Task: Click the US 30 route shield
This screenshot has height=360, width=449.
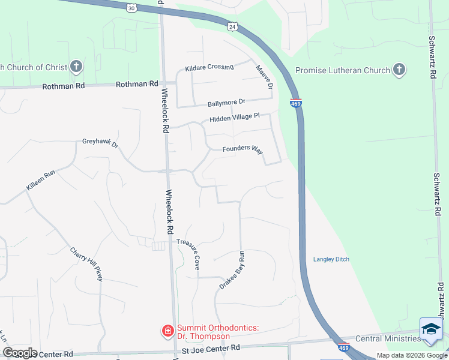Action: click(132, 7)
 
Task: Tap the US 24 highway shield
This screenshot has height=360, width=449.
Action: click(232, 26)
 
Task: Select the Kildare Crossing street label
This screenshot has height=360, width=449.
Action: click(209, 67)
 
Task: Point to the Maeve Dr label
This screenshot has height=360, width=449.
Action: click(265, 77)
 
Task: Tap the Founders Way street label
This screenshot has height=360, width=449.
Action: click(243, 149)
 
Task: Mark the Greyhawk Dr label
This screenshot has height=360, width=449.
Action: click(100, 143)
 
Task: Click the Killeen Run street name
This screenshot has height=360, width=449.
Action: click(40, 181)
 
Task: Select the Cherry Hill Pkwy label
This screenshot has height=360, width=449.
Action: click(86, 264)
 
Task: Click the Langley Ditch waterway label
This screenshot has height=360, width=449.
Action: click(331, 259)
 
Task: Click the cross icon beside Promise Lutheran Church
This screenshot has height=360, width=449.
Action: click(399, 70)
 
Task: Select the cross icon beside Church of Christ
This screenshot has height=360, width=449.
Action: click(76, 67)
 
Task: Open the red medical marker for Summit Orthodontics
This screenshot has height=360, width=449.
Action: click(167, 330)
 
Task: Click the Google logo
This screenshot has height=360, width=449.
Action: click(19, 353)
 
